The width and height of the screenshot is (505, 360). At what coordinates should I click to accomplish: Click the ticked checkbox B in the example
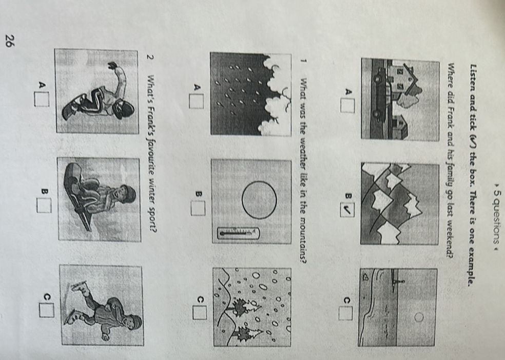click(x=347, y=210)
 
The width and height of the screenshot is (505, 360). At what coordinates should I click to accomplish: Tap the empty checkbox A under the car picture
click(x=347, y=106)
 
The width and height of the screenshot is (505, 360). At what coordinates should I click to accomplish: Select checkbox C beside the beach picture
click(x=345, y=313)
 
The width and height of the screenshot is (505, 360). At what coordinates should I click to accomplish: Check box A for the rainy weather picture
click(x=196, y=101)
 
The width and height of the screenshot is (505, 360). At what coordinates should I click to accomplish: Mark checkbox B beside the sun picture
click(x=198, y=208)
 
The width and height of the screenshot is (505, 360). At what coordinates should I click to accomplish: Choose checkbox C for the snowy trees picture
click(x=200, y=312)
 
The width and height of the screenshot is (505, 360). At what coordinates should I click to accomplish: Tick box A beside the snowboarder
click(x=42, y=99)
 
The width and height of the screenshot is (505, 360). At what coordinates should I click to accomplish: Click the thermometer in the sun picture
click(x=238, y=233)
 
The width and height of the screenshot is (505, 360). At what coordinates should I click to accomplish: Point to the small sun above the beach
click(x=419, y=317)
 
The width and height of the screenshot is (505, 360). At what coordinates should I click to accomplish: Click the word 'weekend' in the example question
click(x=449, y=239)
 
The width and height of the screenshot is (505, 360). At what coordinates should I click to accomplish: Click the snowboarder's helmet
click(x=125, y=109)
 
